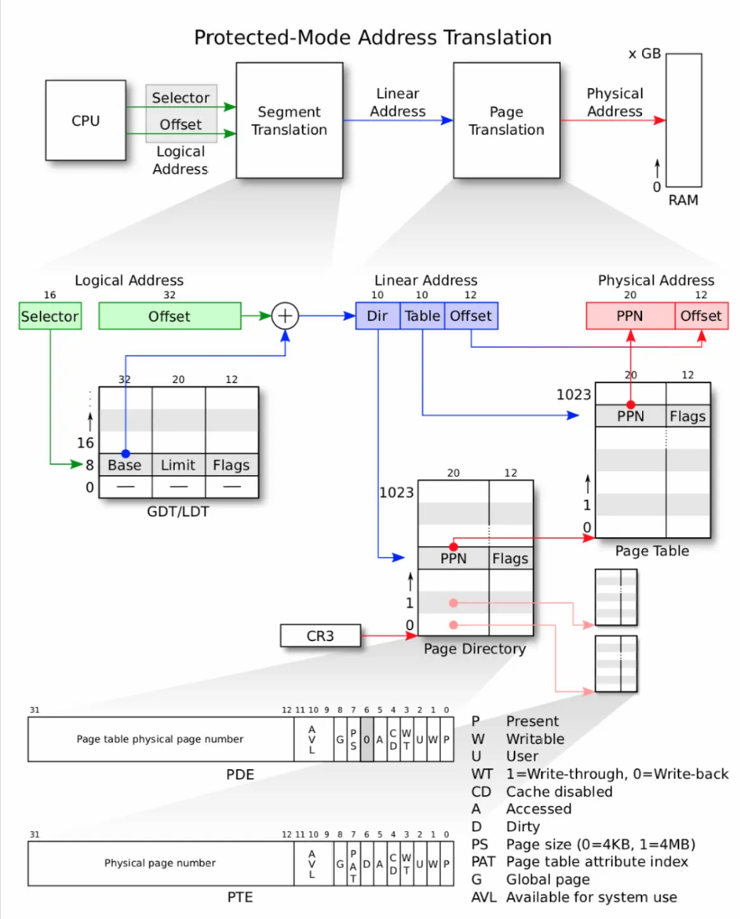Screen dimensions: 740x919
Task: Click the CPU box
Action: pos(85,120)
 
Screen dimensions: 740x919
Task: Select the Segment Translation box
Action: pos(289,120)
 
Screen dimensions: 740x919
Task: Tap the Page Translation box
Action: pos(506,120)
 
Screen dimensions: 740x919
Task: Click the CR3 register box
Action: pos(321,636)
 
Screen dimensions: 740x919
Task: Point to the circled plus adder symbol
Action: pos(285,316)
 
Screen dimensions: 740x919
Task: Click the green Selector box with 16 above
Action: pos(49,316)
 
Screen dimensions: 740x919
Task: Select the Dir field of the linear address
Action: pos(378,316)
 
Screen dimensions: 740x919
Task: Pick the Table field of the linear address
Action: pos(422,316)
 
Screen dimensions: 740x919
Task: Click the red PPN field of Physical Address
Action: pos(630,316)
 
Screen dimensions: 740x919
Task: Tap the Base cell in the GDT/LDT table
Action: pos(126,465)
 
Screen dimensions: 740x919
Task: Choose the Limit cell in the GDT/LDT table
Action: pos(178,465)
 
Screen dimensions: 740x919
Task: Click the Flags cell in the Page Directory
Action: pos(511,559)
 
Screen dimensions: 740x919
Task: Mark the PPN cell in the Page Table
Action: pos(630,416)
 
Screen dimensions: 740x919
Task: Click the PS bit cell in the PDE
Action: pos(353,740)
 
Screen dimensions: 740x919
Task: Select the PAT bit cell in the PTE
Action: pos(353,864)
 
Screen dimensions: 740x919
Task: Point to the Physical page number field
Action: pos(161,864)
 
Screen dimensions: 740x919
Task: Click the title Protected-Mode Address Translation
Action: pos(373,38)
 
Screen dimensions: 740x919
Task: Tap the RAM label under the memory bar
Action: pos(683,200)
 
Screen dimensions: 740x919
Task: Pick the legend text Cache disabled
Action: pos(559,792)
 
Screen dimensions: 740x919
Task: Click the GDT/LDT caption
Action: pos(178,512)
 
